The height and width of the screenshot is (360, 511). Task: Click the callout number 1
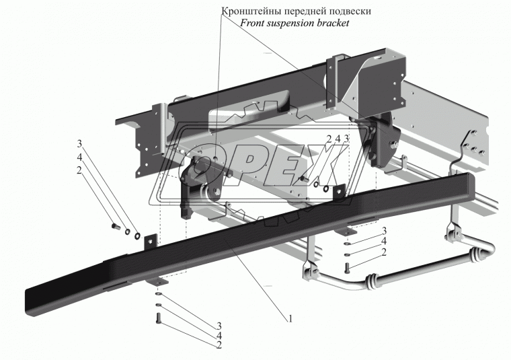(290, 319)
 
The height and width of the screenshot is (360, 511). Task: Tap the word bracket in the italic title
(333, 23)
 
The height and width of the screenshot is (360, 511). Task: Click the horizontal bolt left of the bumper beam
(114, 226)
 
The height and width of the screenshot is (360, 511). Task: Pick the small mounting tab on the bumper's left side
(150, 240)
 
